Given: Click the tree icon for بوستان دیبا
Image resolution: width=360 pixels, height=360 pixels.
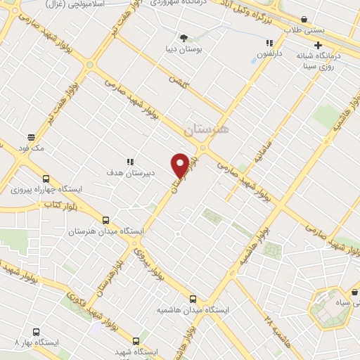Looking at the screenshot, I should [x=184, y=37].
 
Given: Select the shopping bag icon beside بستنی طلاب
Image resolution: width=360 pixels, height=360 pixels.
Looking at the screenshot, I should [x=303, y=20].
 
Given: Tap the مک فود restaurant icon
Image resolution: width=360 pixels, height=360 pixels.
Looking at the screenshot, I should [x=31, y=138].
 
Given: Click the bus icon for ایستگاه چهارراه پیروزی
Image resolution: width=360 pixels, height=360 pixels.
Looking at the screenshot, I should [x=46, y=179].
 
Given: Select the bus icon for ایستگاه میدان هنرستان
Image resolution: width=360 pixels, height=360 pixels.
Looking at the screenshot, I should [x=105, y=220].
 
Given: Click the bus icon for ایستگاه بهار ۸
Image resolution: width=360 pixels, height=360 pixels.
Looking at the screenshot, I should [x=36, y=332].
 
